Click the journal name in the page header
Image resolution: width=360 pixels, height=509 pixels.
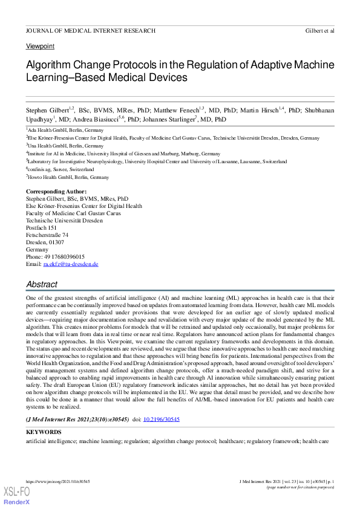(91, 30)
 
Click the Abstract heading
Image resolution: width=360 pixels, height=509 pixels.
(42, 284)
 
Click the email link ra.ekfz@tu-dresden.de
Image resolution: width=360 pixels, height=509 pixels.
(70, 264)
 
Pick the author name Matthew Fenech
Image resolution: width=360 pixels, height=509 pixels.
(172, 111)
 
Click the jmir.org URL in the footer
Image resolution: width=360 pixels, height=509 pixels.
(58, 481)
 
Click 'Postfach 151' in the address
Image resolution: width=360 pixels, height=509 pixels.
(41, 228)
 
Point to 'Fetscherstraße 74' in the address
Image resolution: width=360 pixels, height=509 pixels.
(47, 235)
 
